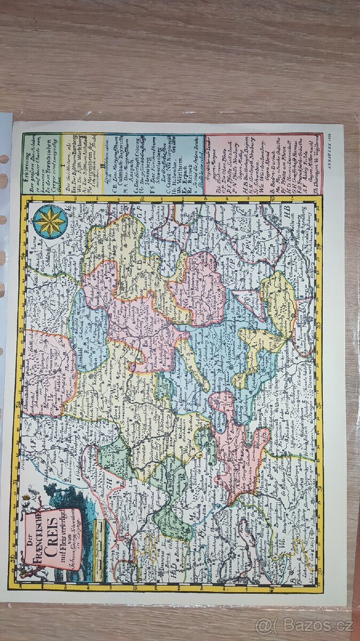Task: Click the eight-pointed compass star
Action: pos(50,221)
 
